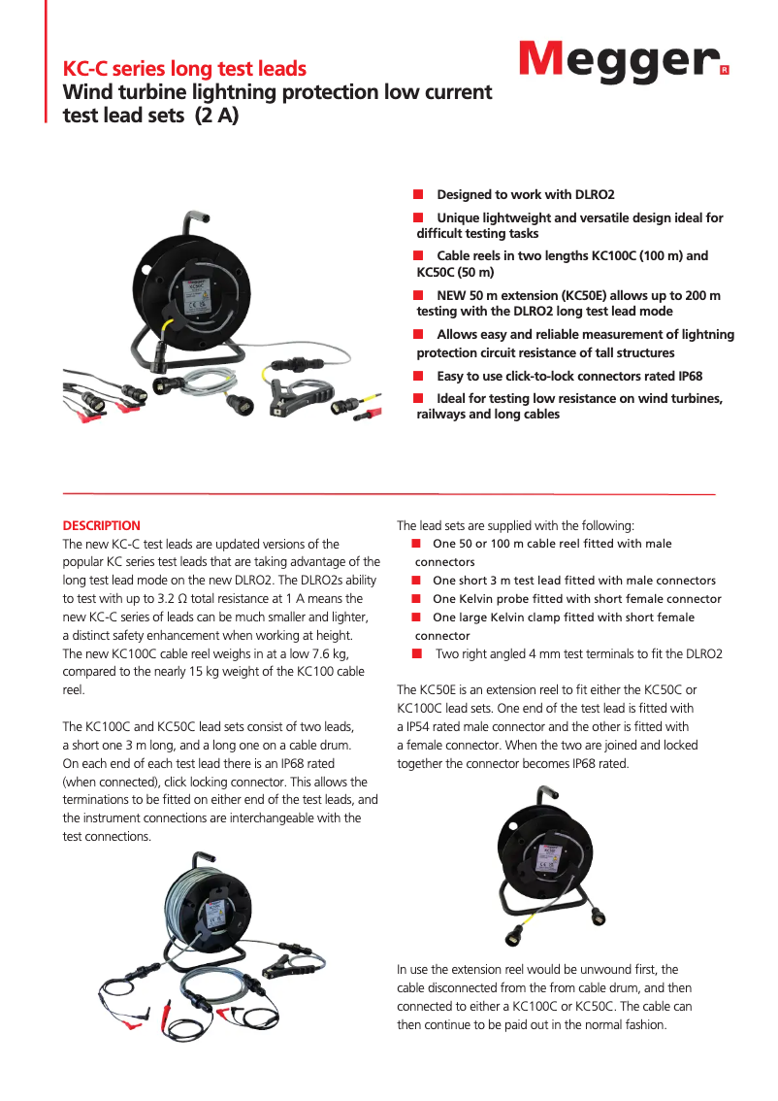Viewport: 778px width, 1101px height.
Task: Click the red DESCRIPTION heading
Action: pos(101,525)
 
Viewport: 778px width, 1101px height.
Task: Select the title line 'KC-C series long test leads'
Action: pos(184,69)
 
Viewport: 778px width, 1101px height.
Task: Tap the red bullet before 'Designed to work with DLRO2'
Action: pos(418,195)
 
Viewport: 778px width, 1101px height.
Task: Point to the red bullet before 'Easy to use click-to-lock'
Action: pos(418,376)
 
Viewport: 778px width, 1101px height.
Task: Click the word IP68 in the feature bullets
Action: pos(685,376)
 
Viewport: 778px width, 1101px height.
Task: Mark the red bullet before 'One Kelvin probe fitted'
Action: pos(416,599)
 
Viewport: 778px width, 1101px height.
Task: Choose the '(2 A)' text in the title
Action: pos(216,116)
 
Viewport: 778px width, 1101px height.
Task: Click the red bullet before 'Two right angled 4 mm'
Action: pos(416,653)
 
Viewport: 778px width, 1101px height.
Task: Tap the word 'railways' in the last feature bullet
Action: pos(441,415)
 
